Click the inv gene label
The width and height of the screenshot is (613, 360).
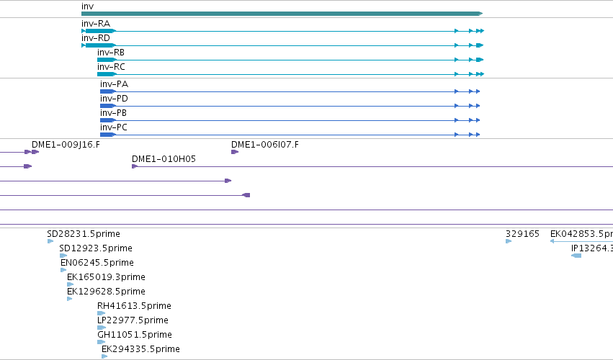pos(88,6)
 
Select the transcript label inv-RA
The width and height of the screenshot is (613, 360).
pos(96,24)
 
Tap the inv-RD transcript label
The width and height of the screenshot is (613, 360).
pos(96,38)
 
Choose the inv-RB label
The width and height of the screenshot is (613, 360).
pos(111,53)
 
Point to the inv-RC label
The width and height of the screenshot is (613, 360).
pos(111,67)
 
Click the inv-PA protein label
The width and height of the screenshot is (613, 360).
pos(114,84)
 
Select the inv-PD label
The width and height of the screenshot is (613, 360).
pos(114,99)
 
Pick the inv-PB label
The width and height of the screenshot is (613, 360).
pos(113,113)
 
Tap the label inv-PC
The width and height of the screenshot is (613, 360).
pos(114,127)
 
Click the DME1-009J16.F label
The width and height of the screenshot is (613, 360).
pos(66,145)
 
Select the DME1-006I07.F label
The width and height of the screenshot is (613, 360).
pos(265,145)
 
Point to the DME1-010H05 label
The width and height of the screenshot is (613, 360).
pos(164,159)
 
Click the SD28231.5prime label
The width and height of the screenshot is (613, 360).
pos(84,234)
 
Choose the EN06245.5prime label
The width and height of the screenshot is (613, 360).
pos(97,263)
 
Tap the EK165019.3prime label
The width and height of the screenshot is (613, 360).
pos(107,277)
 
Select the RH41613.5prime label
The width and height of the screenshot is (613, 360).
pos(134,306)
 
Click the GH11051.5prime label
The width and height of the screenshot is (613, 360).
pos(135,335)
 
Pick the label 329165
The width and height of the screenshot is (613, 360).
pos(522,234)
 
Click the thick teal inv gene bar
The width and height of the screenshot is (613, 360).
pos(282,14)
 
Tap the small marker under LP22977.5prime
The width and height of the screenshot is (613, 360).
pos(102,328)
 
